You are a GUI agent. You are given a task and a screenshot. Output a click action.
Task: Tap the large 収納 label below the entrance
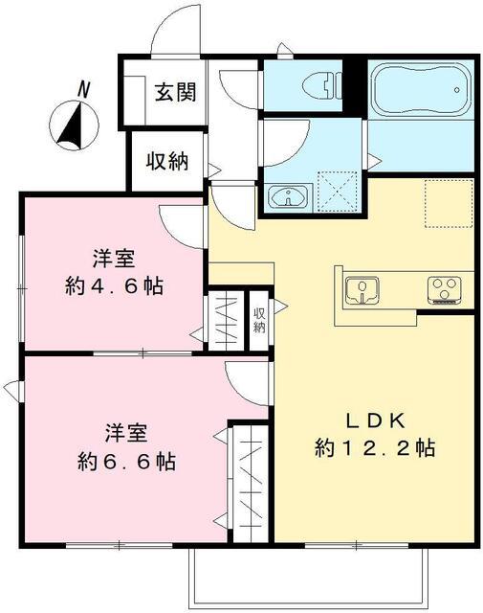[166, 161]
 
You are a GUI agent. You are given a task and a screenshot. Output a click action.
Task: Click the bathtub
[418, 91]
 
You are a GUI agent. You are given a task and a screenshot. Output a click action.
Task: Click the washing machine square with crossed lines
[335, 191]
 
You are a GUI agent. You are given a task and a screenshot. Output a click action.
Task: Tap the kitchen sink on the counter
[362, 288]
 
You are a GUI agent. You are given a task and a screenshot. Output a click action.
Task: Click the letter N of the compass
[84, 89]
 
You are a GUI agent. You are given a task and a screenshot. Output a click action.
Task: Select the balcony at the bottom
[307, 579]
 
